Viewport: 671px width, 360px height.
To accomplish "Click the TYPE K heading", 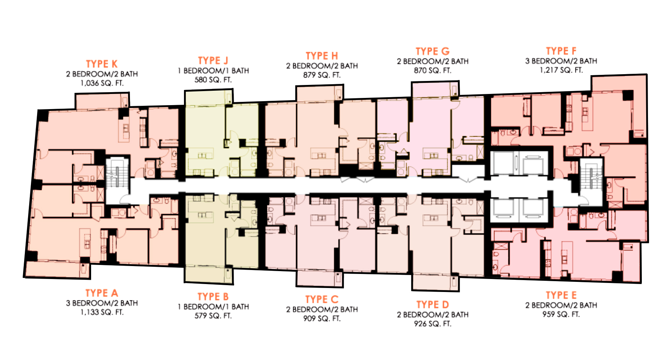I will coord(102,64).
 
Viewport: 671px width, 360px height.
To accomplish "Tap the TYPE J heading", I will coord(213,60).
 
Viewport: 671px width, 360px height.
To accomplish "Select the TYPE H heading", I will coord(322,56).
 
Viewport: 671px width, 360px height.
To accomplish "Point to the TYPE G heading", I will coord(432,51).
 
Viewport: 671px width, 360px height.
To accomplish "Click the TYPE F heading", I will coord(561,51).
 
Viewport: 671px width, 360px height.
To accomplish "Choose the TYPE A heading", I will coord(102,293).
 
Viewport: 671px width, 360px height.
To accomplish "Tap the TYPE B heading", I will coord(213,297).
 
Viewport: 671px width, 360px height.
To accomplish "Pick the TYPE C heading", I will coord(322,299).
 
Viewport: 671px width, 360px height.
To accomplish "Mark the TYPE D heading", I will coord(432,305).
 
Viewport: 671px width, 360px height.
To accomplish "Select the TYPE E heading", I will coord(561,296).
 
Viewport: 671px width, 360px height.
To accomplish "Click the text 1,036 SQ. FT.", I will coord(102,83).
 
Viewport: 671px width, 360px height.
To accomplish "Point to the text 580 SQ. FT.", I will coord(213,80).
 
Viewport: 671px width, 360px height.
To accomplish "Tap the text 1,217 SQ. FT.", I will coord(561,70).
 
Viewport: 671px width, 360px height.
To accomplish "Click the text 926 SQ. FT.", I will coord(432,324).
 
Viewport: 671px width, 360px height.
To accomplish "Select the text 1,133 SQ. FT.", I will coord(102,312).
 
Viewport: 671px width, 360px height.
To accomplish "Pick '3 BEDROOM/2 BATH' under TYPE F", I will coord(561,61).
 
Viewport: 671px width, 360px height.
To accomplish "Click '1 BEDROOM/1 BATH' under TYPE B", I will coord(213,307).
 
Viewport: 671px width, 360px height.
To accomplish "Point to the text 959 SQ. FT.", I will coord(561,314).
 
